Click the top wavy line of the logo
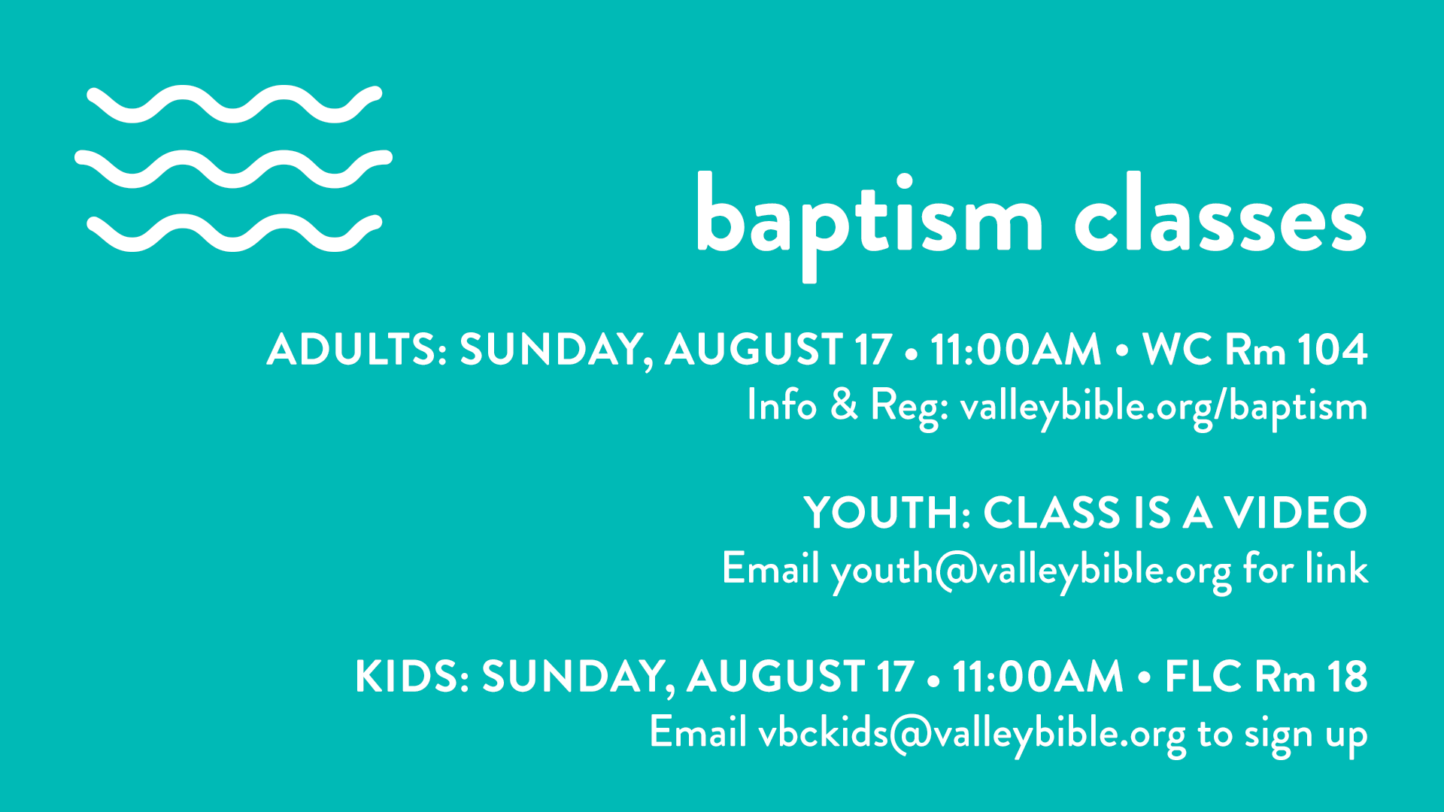coord(235,105)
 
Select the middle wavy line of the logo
coord(233,169)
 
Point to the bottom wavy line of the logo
coord(235,233)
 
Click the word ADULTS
coord(357,350)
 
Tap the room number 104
coord(1332,350)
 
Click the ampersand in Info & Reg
coord(844,404)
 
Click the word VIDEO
coord(1295,513)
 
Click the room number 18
coord(1347,677)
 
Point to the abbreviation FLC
coord(1203,677)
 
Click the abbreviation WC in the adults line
coord(1176,350)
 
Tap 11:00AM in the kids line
coord(1038,677)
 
